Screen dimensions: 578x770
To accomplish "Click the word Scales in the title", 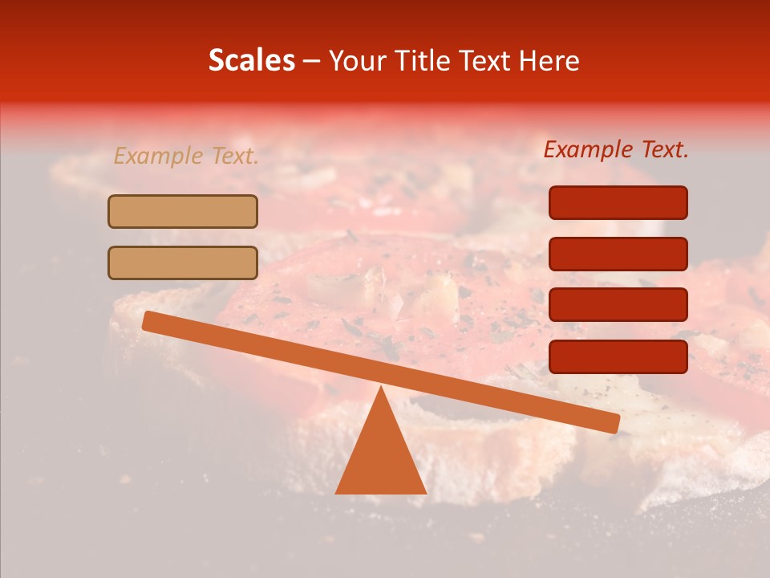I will point(252,60).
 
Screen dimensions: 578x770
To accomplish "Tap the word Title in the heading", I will point(424,60).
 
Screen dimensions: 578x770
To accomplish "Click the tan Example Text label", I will point(186,157).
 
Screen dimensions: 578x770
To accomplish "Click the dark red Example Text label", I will point(616,149).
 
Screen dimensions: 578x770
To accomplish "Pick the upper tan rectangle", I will point(183,211).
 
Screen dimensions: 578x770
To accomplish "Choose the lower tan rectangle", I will point(183,263).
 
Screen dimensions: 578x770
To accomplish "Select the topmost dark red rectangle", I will point(618,202).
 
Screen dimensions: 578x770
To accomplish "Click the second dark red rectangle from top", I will point(618,254).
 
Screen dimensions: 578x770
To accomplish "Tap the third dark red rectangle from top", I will point(618,305).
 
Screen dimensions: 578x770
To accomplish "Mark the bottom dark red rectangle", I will point(618,356).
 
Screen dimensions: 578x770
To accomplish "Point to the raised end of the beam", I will point(149,321).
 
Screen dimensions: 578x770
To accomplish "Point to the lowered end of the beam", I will point(613,424).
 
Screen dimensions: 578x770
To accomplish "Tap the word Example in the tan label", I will point(160,157).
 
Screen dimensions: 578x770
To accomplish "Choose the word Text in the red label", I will point(664,149).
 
